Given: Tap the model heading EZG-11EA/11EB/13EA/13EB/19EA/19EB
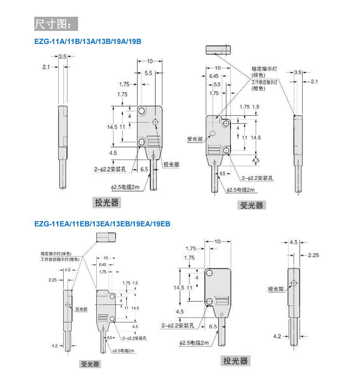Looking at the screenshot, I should point(102,224).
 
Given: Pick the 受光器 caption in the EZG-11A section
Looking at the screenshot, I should point(251,205).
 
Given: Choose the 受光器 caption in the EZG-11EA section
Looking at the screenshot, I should point(91,364).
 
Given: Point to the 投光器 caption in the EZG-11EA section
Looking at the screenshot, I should point(235,360).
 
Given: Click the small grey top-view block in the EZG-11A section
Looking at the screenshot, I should point(218,50).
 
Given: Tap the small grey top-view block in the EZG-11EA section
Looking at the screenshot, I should point(106,237).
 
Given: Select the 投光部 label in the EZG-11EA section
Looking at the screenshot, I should point(276,289).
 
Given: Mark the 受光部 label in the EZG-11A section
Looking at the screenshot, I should point(195,139).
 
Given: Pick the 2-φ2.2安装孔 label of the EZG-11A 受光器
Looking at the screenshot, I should point(257,178).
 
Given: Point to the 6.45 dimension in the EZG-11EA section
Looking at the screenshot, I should point(103,264).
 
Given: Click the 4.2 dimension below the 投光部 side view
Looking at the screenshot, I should point(277,336).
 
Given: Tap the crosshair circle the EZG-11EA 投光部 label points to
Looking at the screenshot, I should point(294,283).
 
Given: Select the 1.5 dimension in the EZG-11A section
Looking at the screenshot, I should point(255,107).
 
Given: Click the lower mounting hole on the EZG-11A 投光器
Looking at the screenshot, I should point(142,142).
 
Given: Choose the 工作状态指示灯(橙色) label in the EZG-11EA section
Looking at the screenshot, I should point(60,259).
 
